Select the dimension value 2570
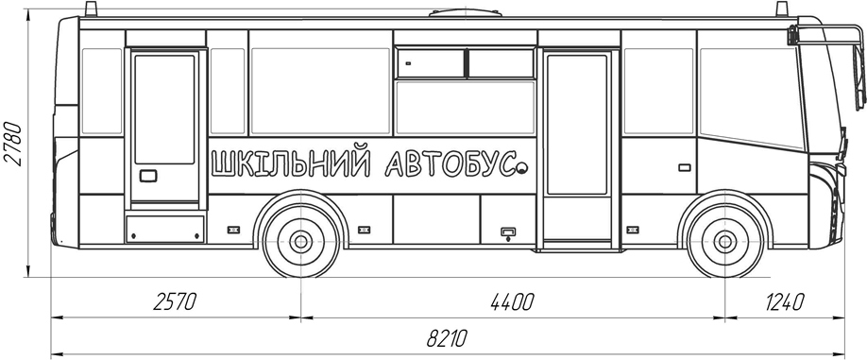tap(174, 302)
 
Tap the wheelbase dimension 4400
tap(512, 302)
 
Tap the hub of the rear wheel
tap(301, 241)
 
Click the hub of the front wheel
tap(724, 242)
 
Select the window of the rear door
tap(165, 109)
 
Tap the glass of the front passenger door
tap(576, 124)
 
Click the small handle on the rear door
tap(148, 176)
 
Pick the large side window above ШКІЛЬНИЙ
tap(319, 91)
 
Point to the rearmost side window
tap(102, 91)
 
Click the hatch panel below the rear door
tap(165, 228)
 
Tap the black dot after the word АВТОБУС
tap(520, 169)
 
